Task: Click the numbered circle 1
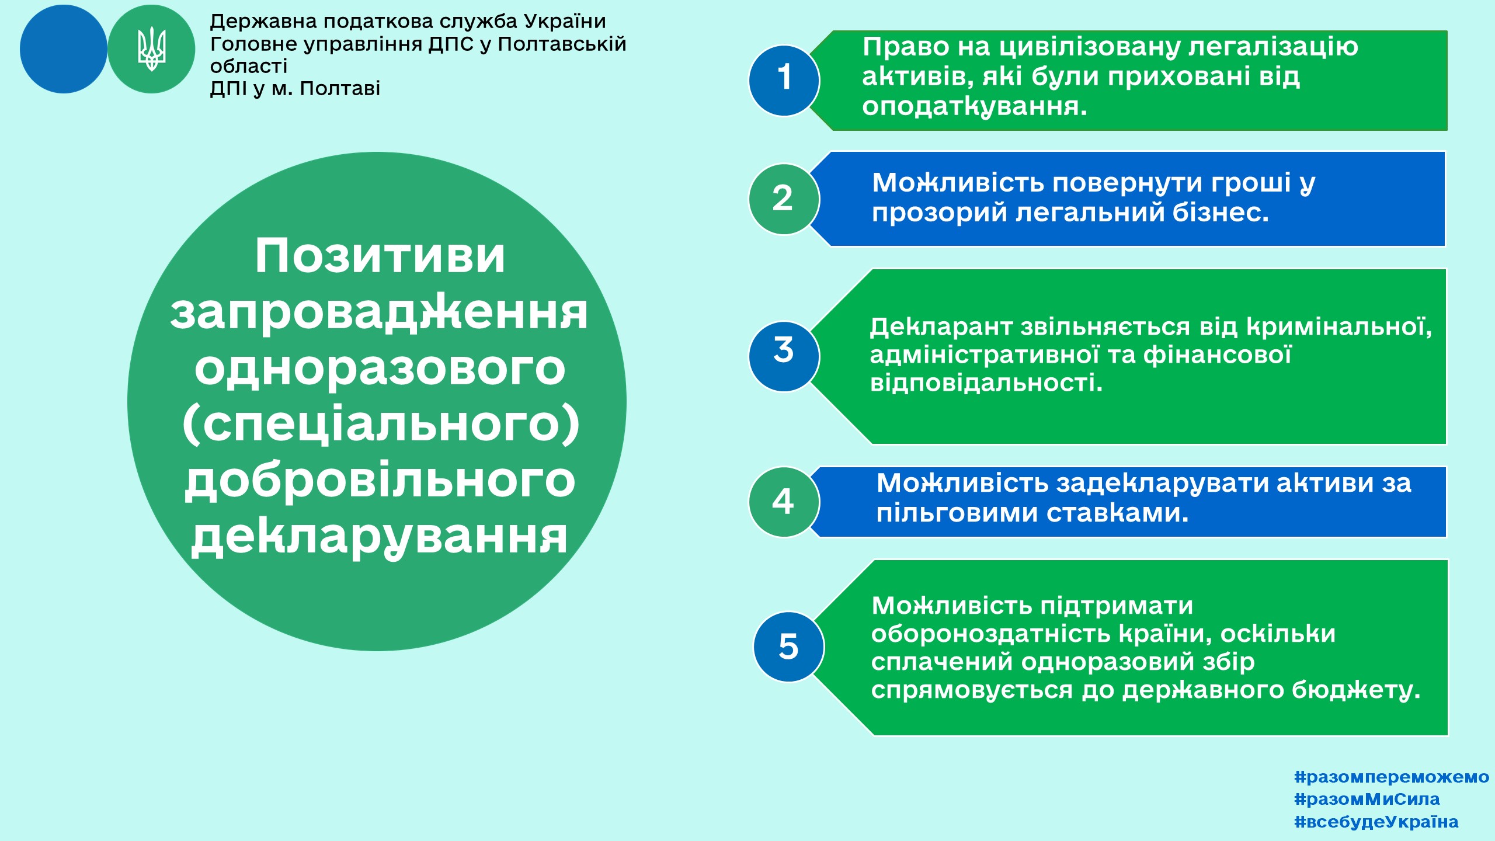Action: [784, 81]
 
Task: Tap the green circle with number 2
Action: [784, 199]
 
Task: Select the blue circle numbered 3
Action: [784, 356]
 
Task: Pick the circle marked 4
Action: [784, 502]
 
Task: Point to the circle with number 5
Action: [789, 647]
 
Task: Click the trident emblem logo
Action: [151, 49]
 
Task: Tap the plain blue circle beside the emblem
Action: [64, 49]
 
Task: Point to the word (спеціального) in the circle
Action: [381, 425]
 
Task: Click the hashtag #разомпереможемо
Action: [1392, 777]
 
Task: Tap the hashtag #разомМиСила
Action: [1367, 799]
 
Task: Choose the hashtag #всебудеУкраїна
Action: [1376, 822]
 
